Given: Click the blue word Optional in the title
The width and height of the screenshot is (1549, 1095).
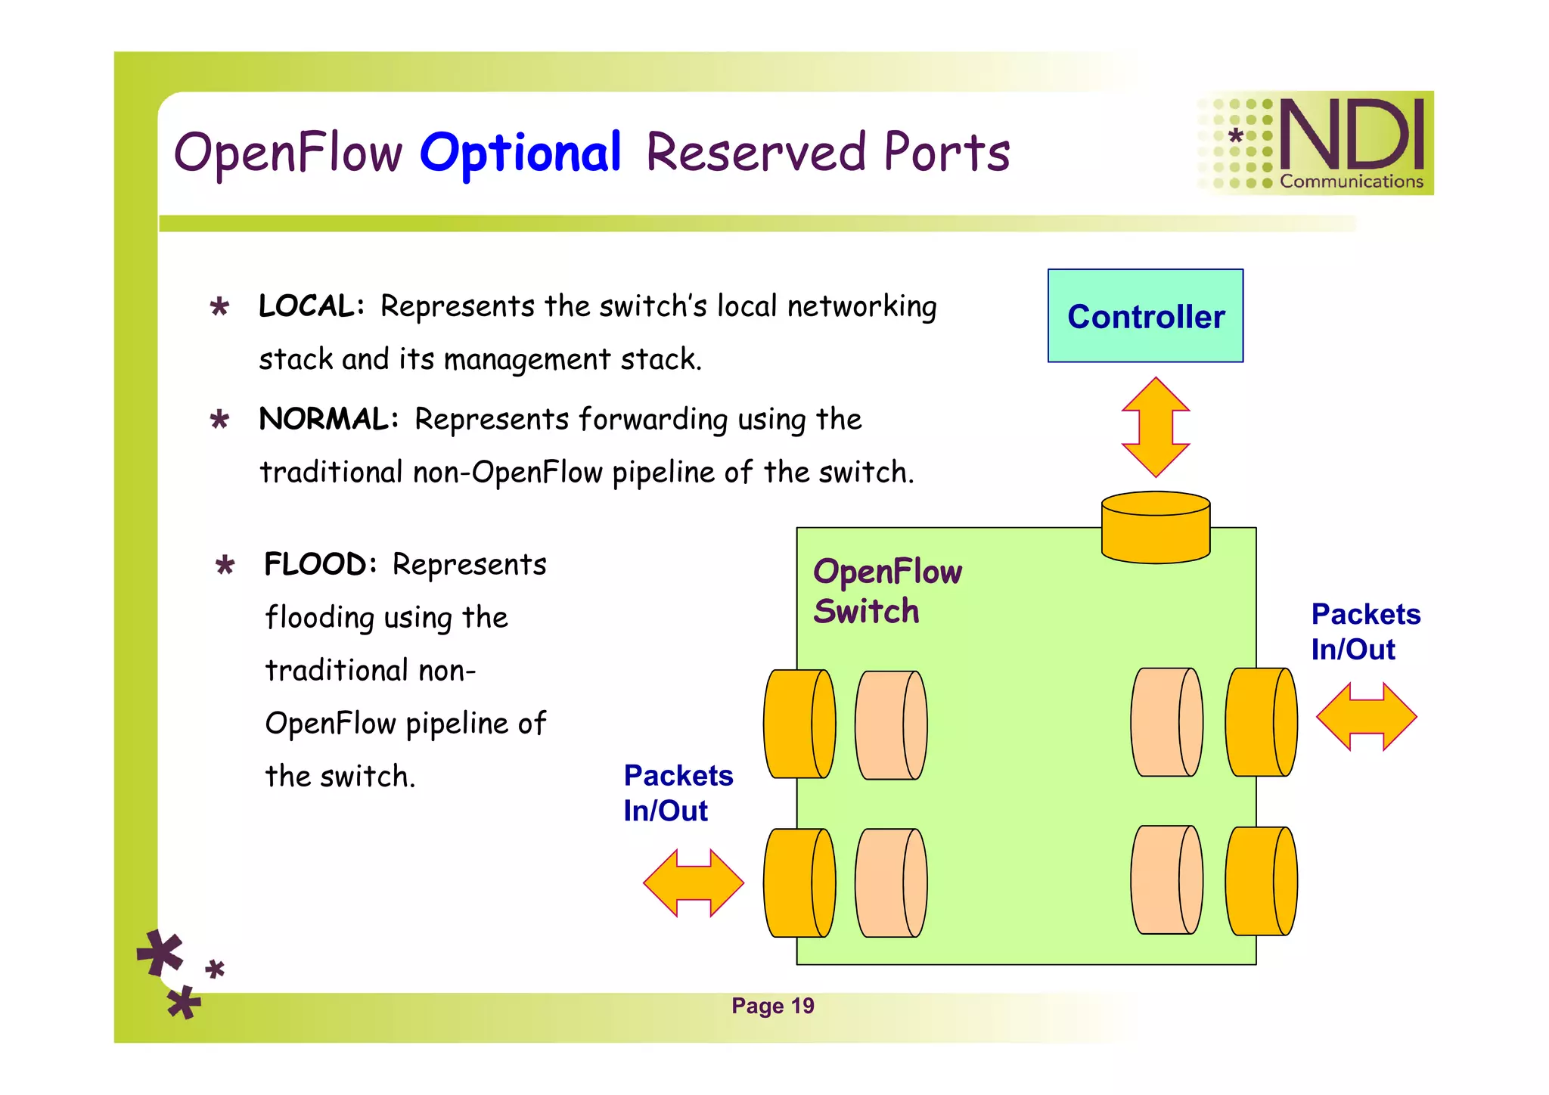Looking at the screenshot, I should pos(520,154).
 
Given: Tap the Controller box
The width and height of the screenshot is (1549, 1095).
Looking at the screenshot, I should pos(1145,316).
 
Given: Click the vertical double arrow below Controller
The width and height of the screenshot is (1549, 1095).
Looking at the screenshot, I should pos(1155,427).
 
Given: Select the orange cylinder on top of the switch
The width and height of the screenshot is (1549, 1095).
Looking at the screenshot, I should pos(1155,528).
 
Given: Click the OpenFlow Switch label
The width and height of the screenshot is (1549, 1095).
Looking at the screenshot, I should pos(886,591).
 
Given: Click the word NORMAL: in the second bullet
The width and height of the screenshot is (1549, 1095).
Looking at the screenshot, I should pos(328,419).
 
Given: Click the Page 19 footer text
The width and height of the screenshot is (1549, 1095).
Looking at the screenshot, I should pos(772,1006).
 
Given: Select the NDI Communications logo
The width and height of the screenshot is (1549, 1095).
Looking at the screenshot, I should pos(1316,144).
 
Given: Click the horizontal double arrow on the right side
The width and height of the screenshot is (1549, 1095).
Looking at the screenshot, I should pos(1366,717).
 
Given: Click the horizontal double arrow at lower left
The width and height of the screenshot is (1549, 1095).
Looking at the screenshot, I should pos(694,883).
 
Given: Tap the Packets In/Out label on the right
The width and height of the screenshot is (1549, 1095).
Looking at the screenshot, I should pos(1365,631).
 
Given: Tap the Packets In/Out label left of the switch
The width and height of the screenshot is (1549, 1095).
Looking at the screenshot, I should pos(678,793).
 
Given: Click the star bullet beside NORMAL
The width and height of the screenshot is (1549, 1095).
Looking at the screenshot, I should pos(219,420).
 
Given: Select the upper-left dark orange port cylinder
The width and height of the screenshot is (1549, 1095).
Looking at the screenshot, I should pos(798,724).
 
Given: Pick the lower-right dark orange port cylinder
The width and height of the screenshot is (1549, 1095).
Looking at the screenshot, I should pos(1260,882).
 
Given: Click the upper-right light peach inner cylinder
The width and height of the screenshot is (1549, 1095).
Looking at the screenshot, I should pos(1166,722).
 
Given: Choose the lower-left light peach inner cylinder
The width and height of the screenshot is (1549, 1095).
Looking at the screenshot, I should pos(890,883).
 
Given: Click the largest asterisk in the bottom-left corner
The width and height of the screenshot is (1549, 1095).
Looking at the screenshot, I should pos(160,953).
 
